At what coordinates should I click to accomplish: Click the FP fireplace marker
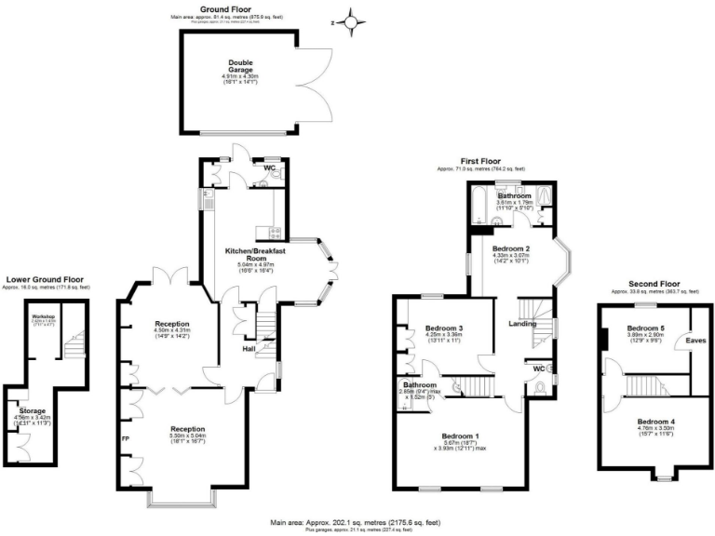(125, 435)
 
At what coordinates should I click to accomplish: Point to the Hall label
(250, 349)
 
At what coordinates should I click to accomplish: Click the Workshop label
(33, 317)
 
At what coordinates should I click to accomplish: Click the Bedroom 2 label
(511, 248)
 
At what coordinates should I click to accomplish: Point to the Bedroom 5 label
(645, 328)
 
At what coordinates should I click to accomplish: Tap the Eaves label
(696, 341)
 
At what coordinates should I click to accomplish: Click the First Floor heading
(480, 161)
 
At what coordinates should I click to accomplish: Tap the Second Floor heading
(654, 284)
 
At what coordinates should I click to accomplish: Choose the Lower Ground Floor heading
(46, 278)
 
